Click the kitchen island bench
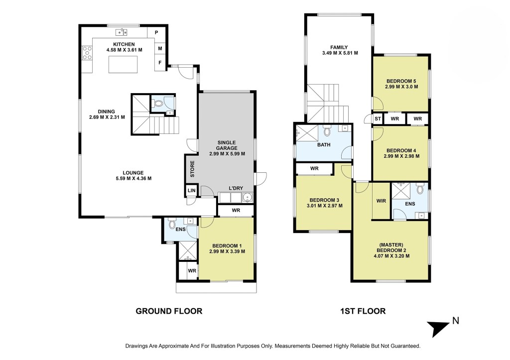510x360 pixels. (123, 64)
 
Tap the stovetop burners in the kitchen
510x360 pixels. (87, 53)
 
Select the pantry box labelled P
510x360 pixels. (156, 32)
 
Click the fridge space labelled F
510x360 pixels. (160, 62)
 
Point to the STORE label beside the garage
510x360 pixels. (192, 169)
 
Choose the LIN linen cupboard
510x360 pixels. (192, 191)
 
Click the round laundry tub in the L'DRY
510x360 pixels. (248, 197)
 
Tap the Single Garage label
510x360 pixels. (227, 148)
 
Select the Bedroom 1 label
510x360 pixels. (227, 249)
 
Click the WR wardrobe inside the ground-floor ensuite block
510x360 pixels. (192, 270)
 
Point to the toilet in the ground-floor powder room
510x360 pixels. (158, 104)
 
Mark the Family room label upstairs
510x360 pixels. (340, 50)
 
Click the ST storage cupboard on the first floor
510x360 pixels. (378, 119)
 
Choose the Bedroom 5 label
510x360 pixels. (401, 84)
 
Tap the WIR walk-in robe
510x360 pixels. (381, 201)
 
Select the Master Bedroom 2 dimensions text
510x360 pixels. (391, 256)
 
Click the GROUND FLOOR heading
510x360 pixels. (169, 311)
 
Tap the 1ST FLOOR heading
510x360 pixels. (363, 311)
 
